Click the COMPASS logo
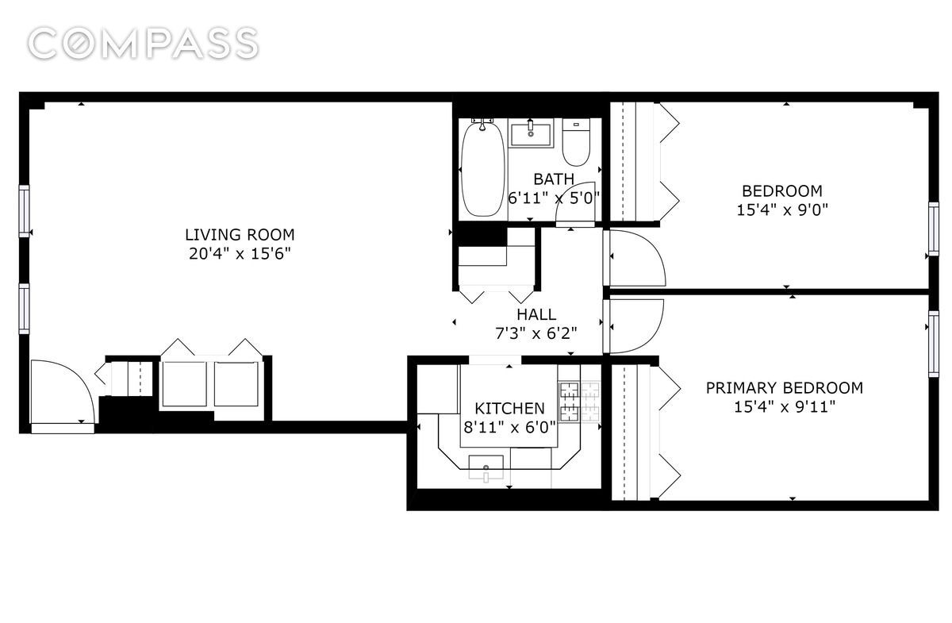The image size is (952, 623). pyautogui.click(x=143, y=43)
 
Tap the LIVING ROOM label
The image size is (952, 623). pyautogui.click(x=239, y=235)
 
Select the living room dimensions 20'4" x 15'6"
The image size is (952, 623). pyautogui.click(x=239, y=254)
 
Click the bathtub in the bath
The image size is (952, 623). pyautogui.click(x=482, y=168)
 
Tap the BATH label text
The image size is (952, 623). pyautogui.click(x=553, y=179)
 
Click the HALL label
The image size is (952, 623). pyautogui.click(x=536, y=315)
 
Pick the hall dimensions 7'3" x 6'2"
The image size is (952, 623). pyautogui.click(x=536, y=333)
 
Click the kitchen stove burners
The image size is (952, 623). pyautogui.click(x=580, y=401)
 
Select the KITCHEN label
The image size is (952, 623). pyautogui.click(x=509, y=409)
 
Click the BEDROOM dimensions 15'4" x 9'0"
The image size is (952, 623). pyautogui.click(x=781, y=210)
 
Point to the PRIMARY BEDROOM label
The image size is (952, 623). pyautogui.click(x=784, y=388)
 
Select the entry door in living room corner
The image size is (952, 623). pyautogui.click(x=62, y=394)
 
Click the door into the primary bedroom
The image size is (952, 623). pyautogui.click(x=635, y=325)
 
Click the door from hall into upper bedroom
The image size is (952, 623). pyautogui.click(x=635, y=259)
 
